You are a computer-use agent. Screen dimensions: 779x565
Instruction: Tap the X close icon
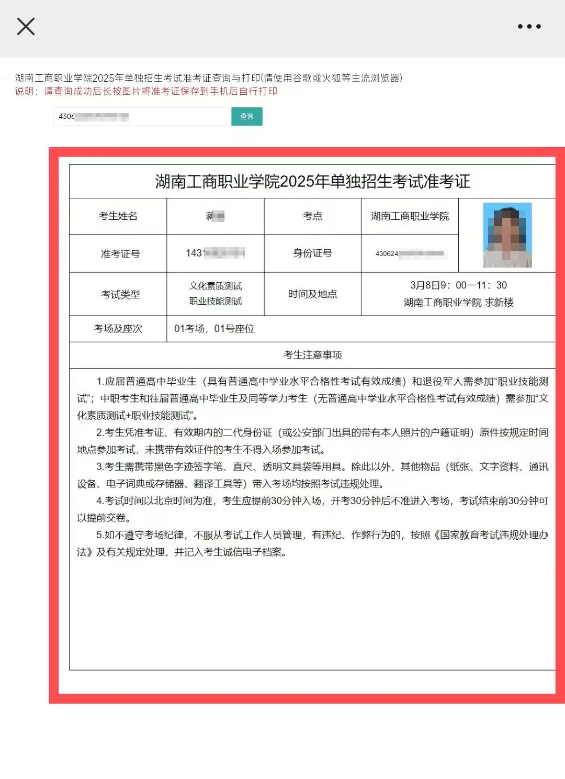(26, 26)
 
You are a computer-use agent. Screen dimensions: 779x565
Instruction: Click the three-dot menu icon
(529, 26)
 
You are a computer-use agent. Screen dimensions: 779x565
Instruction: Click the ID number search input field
(142, 116)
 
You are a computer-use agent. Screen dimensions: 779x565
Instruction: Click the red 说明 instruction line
(146, 91)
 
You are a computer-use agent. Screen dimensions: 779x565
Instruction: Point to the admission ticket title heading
(312, 182)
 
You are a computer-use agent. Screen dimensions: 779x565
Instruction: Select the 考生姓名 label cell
(118, 216)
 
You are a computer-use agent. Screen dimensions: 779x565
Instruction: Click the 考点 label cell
(312, 216)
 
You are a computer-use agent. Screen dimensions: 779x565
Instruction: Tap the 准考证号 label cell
(120, 254)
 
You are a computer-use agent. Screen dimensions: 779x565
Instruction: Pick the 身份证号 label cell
(312, 253)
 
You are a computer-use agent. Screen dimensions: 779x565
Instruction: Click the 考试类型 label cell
(120, 294)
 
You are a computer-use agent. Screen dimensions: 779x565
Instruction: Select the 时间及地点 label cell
(312, 294)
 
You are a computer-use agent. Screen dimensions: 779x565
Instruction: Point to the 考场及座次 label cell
(118, 329)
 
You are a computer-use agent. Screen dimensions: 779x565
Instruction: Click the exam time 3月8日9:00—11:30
(458, 285)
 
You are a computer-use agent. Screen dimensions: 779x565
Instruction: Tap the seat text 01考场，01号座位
(214, 329)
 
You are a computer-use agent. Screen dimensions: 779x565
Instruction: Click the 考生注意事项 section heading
(312, 355)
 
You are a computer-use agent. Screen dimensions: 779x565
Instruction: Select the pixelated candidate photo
(507, 235)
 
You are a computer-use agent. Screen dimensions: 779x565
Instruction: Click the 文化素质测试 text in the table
(216, 286)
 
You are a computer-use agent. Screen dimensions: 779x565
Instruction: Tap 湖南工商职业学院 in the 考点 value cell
(410, 216)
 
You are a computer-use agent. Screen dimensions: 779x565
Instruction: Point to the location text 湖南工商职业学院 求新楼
(458, 303)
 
